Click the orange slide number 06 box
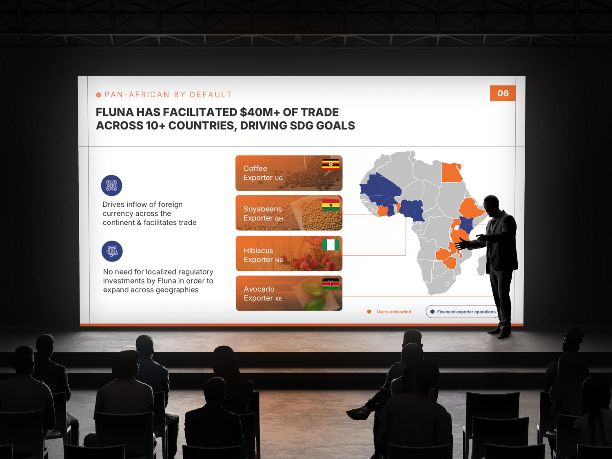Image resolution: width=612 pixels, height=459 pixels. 503,93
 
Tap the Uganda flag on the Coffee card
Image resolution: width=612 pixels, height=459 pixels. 330,164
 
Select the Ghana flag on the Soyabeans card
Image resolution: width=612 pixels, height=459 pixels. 330,205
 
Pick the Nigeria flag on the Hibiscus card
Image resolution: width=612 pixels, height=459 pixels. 330,245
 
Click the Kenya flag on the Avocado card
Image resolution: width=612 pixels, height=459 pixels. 330,284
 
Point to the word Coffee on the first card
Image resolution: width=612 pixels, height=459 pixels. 255,169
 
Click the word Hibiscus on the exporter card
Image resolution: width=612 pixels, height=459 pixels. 258,251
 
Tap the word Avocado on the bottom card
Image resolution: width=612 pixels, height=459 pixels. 259,289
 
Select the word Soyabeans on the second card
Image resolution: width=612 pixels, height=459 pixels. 263,209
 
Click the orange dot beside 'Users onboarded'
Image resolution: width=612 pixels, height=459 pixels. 369,312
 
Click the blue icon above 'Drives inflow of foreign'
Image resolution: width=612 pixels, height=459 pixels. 111,185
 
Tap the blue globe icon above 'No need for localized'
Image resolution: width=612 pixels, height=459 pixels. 112,251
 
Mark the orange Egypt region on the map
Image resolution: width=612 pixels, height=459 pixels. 452,173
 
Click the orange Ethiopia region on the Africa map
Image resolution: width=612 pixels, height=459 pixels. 471,208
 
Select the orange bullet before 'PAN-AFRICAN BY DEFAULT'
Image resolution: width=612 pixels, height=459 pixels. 98,95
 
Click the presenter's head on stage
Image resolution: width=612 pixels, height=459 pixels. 491,205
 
